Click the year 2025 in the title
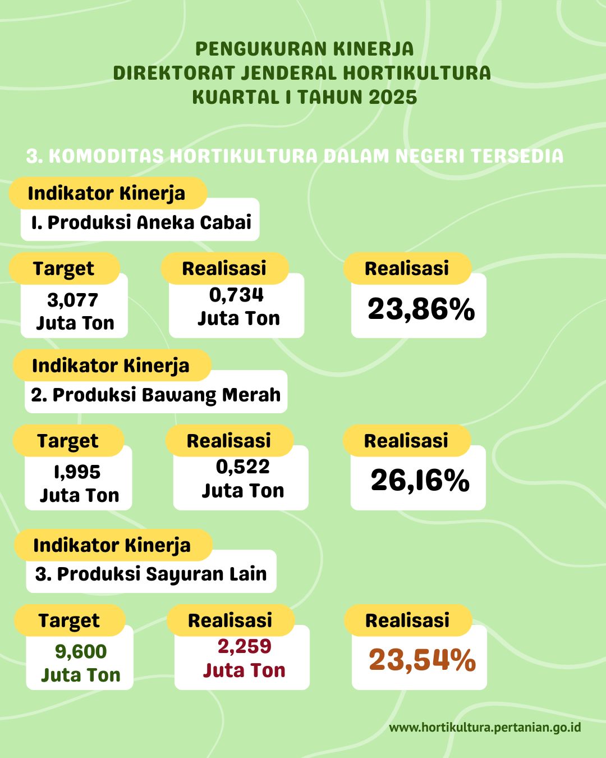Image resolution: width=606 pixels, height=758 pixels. point(393,97)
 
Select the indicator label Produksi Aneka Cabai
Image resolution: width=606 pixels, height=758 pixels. point(141,222)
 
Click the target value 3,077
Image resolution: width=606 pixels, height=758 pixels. point(73,300)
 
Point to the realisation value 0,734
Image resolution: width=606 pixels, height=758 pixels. point(236,295)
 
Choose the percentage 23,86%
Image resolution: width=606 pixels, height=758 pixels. point(421,309)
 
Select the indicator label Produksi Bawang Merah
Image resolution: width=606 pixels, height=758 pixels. point(156,395)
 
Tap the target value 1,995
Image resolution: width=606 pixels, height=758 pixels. point(77,472)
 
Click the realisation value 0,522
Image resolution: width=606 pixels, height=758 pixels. point(242,467)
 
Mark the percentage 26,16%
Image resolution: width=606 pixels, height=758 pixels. point(420,481)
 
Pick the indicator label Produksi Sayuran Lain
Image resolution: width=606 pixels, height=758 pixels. point(151,574)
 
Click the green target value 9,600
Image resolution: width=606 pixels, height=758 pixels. point(81,651)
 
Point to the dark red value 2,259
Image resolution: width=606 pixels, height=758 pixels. point(244,646)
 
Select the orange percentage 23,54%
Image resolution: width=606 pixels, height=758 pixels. point(422,660)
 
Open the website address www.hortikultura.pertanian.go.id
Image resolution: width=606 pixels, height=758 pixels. point(485,728)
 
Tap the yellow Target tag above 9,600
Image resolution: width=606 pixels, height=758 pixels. point(69,620)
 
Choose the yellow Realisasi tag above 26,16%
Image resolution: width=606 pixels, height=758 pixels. point(406,441)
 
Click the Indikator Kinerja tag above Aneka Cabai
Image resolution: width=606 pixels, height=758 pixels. point(107,193)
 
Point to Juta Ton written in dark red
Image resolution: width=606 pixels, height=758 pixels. point(244,670)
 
